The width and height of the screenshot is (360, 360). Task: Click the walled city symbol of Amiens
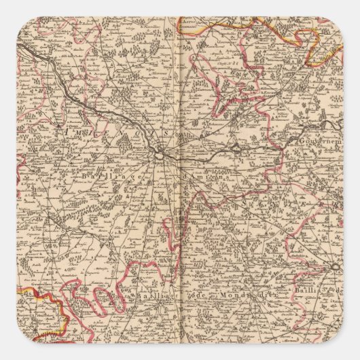159,154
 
